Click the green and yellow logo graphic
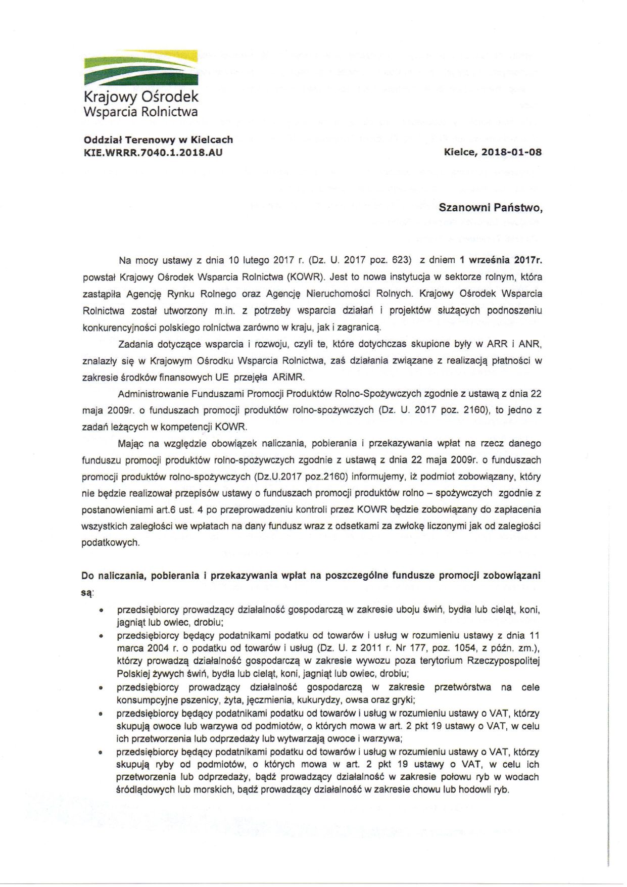[140, 68]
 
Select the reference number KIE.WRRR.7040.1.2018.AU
[153, 152]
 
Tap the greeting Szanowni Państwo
[490, 207]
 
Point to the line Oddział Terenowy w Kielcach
[158, 139]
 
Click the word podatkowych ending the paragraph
[110, 542]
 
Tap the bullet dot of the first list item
[102, 611]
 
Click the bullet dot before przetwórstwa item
[102, 688]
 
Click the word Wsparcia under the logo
[111, 112]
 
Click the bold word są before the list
[86, 592]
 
